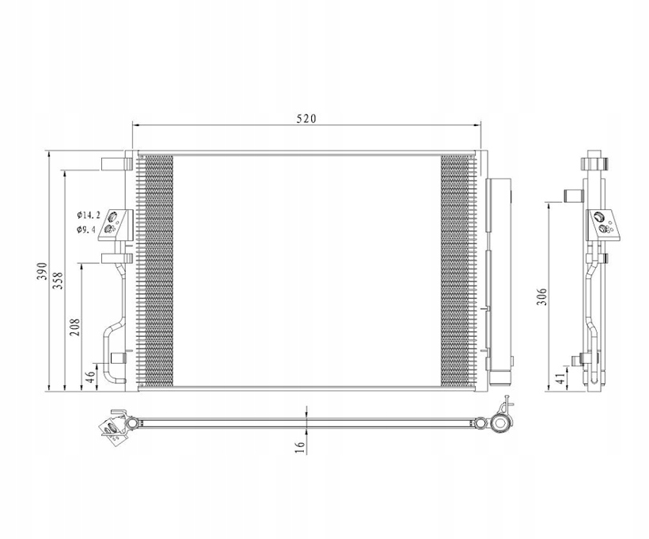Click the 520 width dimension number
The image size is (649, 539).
pos(306,119)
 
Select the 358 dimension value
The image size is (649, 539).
pos(59,281)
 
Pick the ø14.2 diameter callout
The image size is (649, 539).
pos(89,215)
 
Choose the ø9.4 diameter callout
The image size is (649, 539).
pos(86,230)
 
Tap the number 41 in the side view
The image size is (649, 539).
pos(560,377)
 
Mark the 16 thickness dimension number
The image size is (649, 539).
pos(299,447)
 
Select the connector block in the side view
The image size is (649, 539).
pos(604,223)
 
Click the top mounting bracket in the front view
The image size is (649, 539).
pos(116,163)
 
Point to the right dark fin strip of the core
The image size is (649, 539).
pos(454,270)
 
